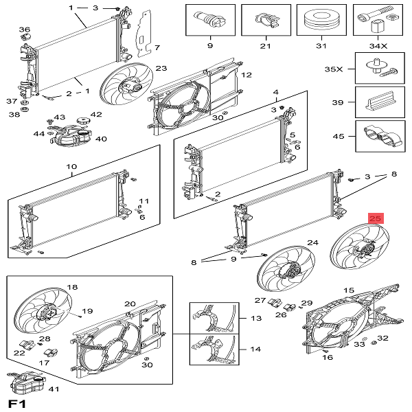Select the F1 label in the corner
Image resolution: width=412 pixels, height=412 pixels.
tap(16, 402)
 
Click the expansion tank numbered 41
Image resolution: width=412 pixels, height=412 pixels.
tap(27, 383)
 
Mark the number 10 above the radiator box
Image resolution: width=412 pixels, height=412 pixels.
tap(71, 167)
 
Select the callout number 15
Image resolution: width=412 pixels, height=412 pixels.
tap(349, 292)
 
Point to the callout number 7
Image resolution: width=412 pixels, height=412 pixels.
tap(157, 47)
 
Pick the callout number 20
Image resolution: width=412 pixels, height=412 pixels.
tap(130, 304)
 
